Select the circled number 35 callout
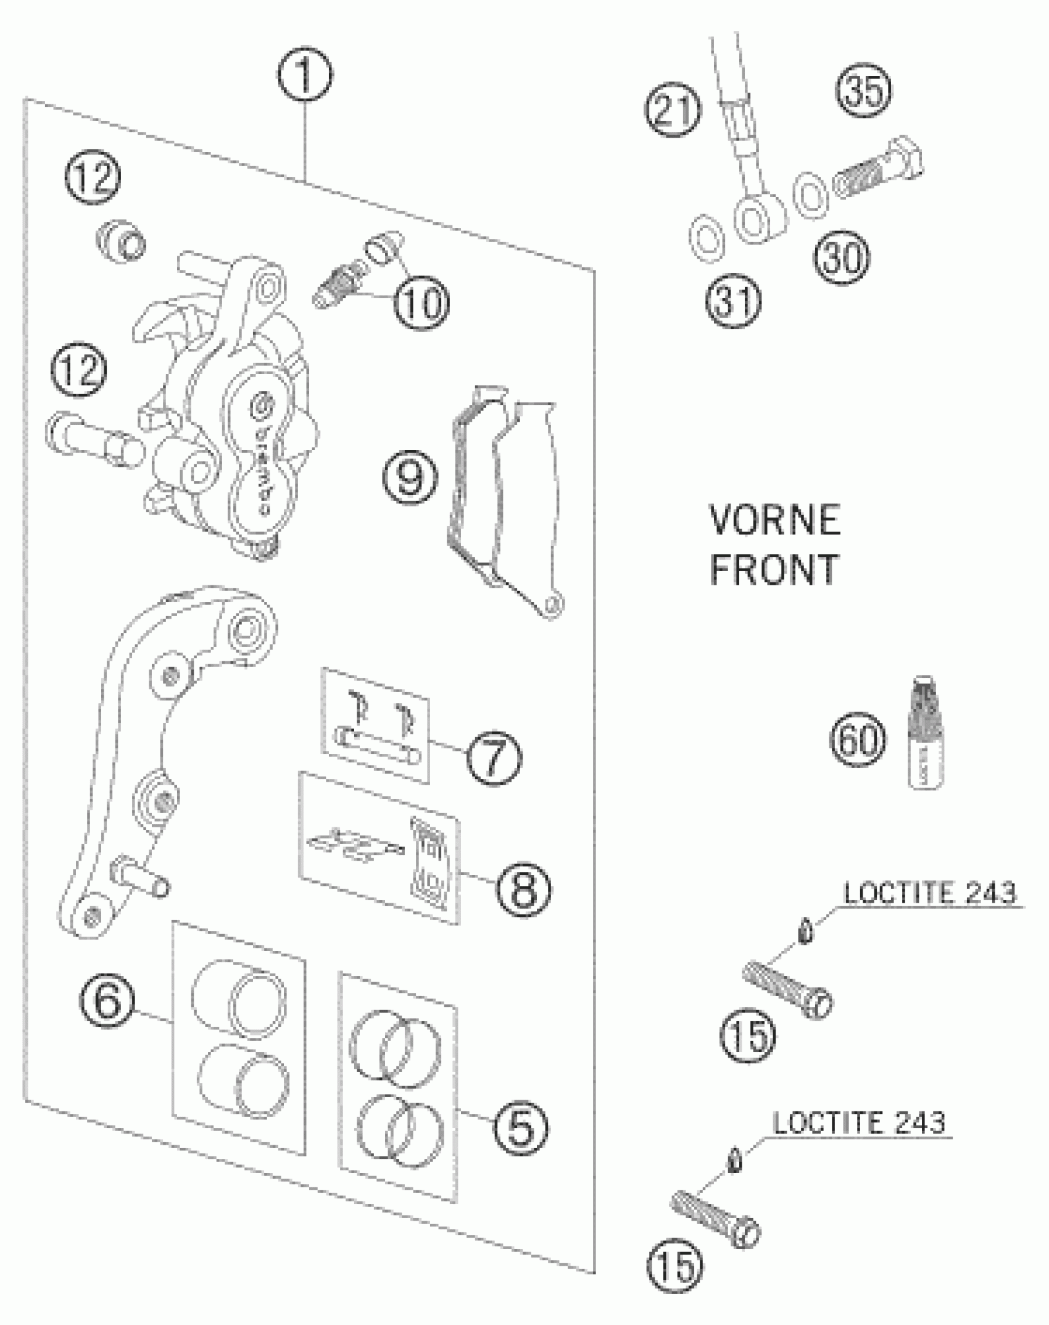[864, 91]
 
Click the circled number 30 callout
[842, 257]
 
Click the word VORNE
[775, 520]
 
